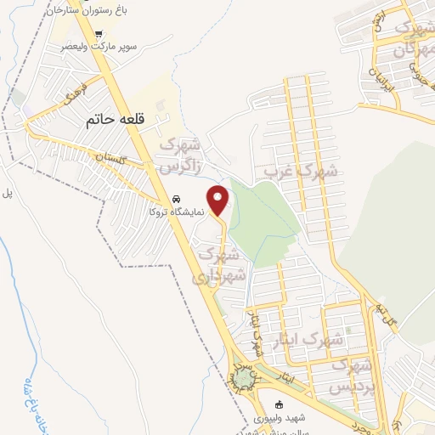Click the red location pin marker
[x=218, y=201]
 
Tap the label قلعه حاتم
[x=116, y=121]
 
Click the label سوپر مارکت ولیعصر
[x=99, y=49]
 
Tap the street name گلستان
[x=110, y=157]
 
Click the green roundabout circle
[x=244, y=375]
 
